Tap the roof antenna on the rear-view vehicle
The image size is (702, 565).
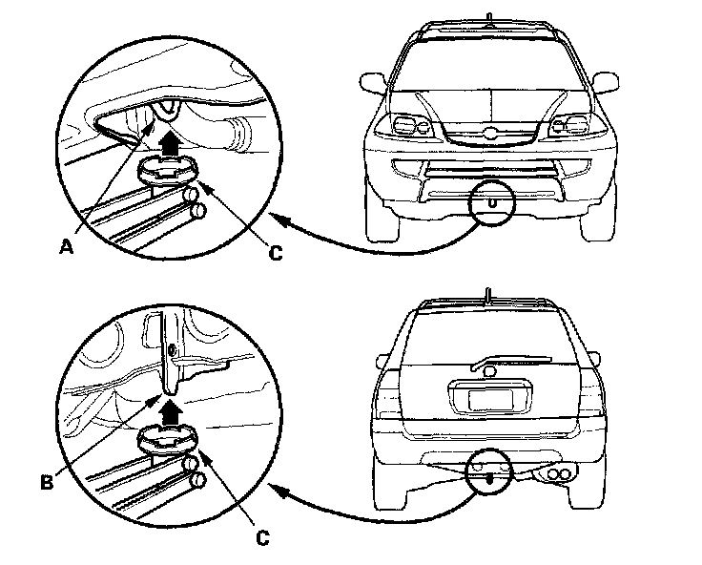click(x=487, y=295)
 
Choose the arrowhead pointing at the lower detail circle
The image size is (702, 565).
click(x=275, y=488)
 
